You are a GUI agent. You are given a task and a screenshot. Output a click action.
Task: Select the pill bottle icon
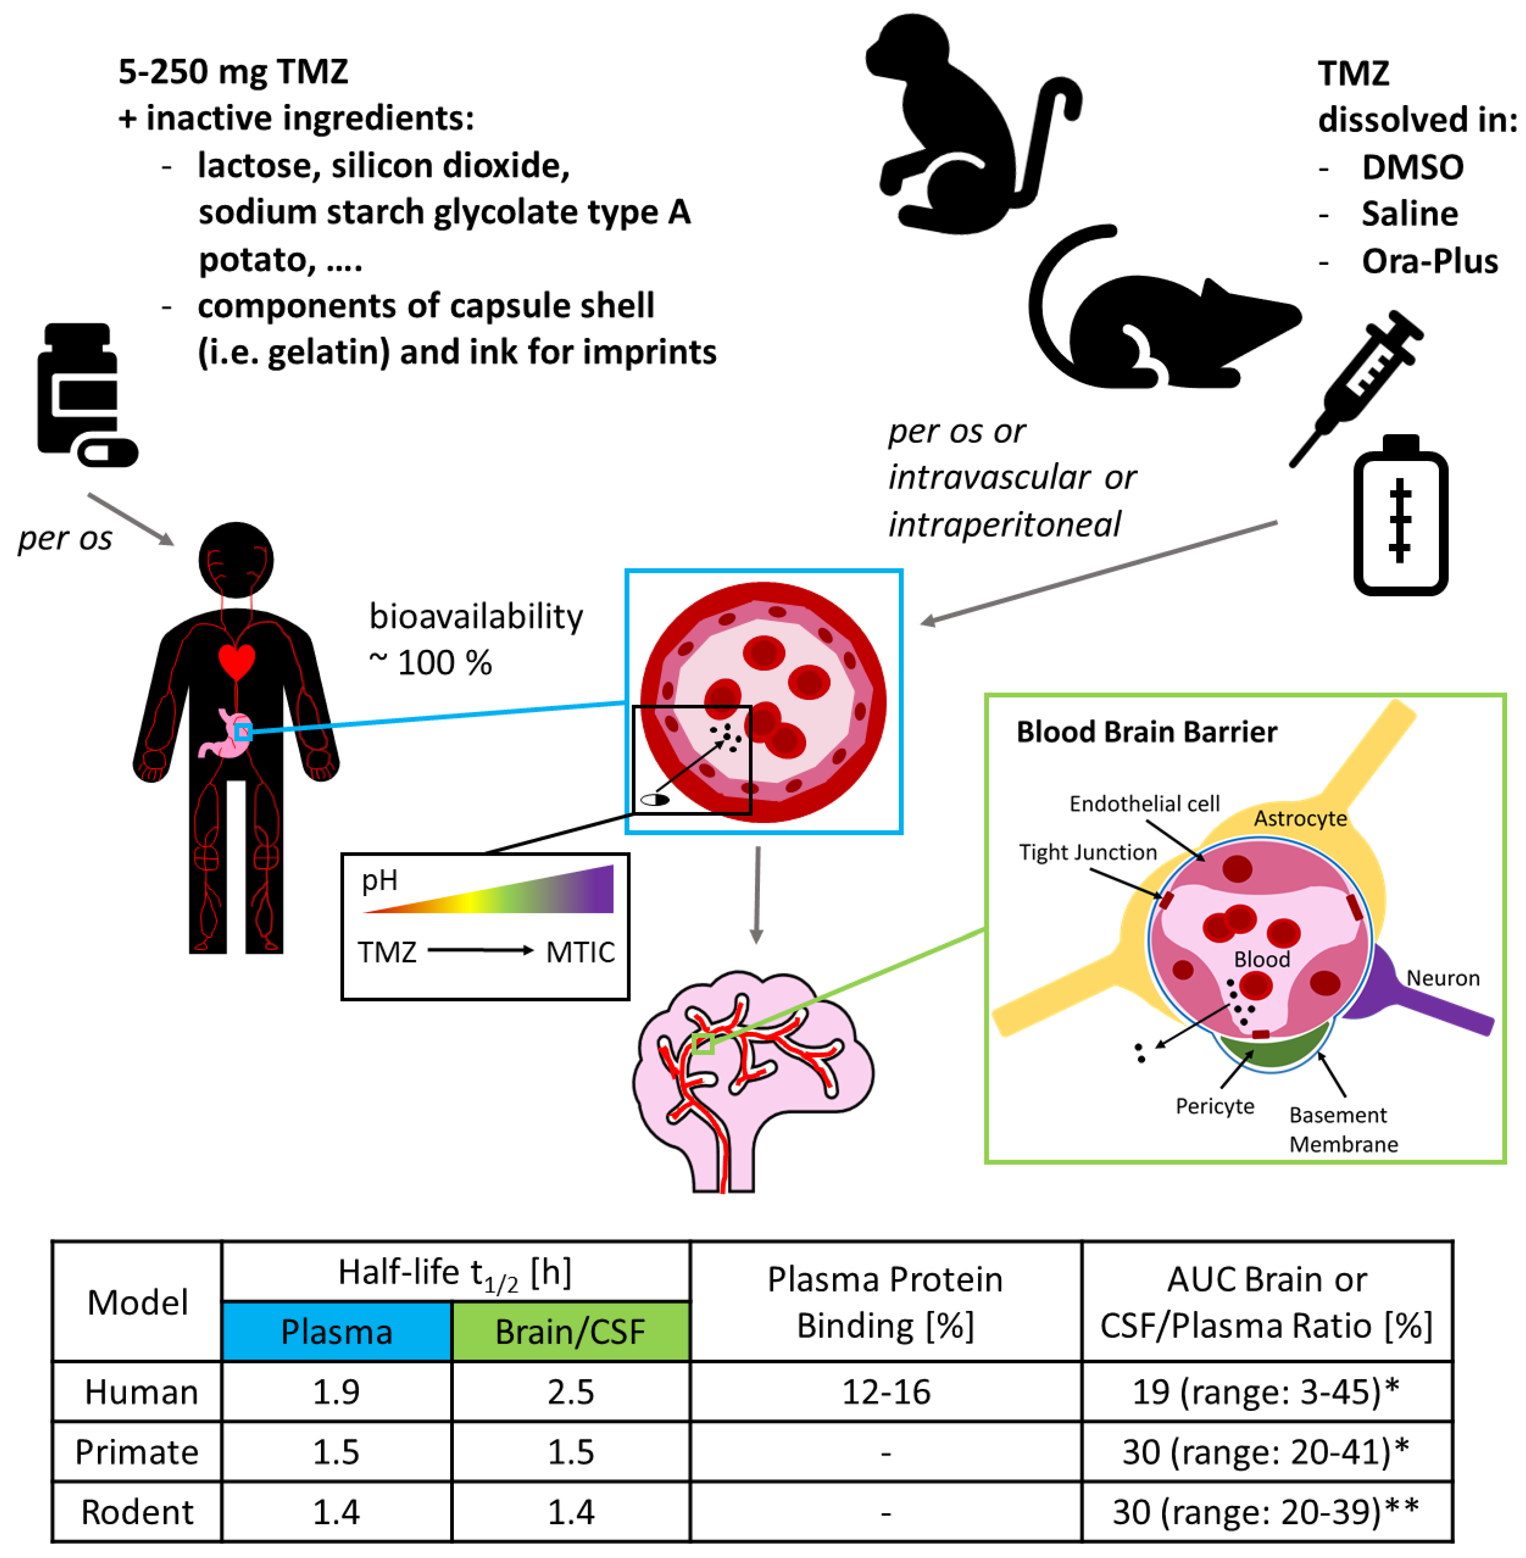[80, 393]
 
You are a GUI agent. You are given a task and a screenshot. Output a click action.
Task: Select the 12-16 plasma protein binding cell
[886, 1392]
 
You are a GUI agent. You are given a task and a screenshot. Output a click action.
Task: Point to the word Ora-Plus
[1429, 261]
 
